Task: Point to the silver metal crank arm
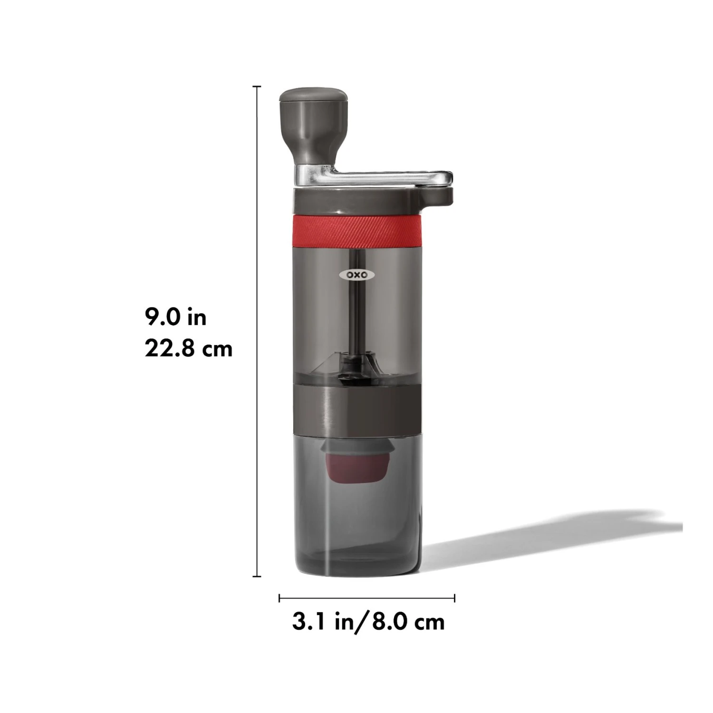coord(376,178)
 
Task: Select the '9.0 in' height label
coord(176,317)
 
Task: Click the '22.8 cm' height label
coord(189,349)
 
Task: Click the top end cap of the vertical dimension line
coord(257,87)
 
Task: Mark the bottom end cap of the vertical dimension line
coord(257,576)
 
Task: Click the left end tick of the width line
coord(279,598)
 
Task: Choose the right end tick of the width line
coord(455,598)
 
